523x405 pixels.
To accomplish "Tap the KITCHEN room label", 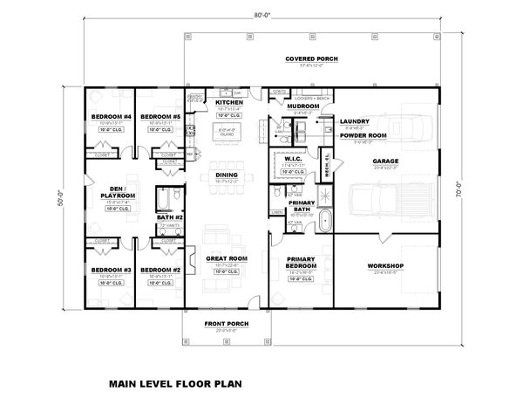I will coord(230,102).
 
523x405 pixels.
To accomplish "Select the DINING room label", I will coord(227,175).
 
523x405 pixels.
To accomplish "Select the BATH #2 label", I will coord(172,217).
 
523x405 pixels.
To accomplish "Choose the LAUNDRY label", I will coord(355,121).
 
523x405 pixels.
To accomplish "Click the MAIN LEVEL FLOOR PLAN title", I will coord(177,382).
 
